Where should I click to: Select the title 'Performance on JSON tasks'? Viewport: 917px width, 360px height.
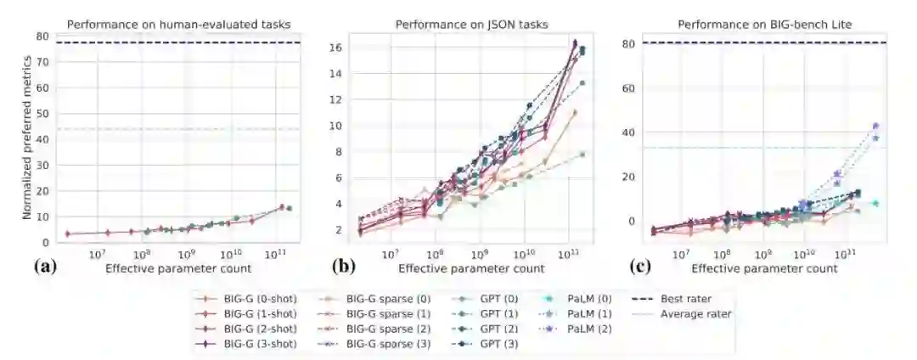coord(471,23)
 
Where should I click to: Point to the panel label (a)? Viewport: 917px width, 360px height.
coord(45,267)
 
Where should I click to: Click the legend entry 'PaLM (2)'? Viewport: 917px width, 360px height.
coord(582,329)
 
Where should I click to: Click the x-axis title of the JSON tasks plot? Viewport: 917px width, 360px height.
coord(471,268)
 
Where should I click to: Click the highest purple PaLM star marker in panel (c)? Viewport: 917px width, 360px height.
coord(875,126)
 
